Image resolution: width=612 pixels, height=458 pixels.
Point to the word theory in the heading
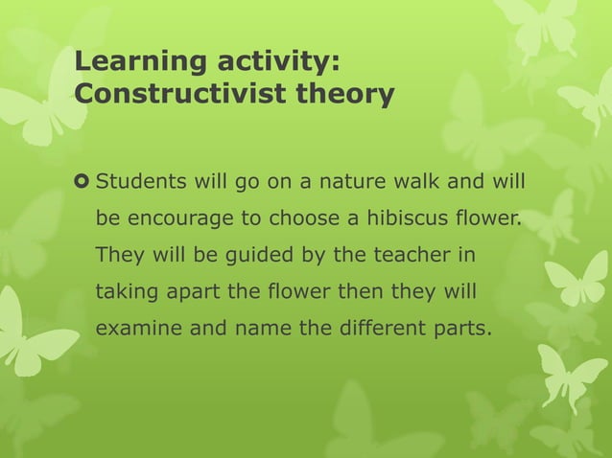[x=344, y=96]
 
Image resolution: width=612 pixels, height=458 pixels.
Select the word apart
[x=193, y=291]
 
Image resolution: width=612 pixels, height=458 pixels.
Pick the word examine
[x=135, y=328]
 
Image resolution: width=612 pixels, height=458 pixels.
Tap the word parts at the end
[x=463, y=328]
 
